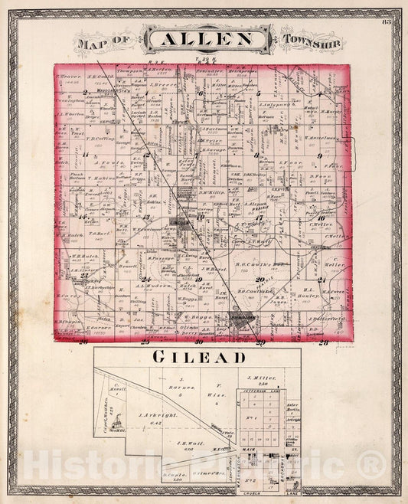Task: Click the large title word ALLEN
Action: click(203, 39)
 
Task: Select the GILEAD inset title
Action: click(198, 358)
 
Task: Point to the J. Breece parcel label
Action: click(163, 84)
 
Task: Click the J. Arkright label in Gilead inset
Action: click(158, 414)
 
